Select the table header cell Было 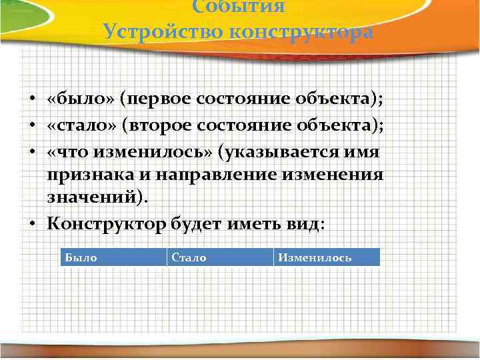pos(113,257)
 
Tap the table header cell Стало pos(220,257)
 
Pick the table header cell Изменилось pos(327,257)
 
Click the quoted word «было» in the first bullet pos(80,99)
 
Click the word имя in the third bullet pos(364,153)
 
